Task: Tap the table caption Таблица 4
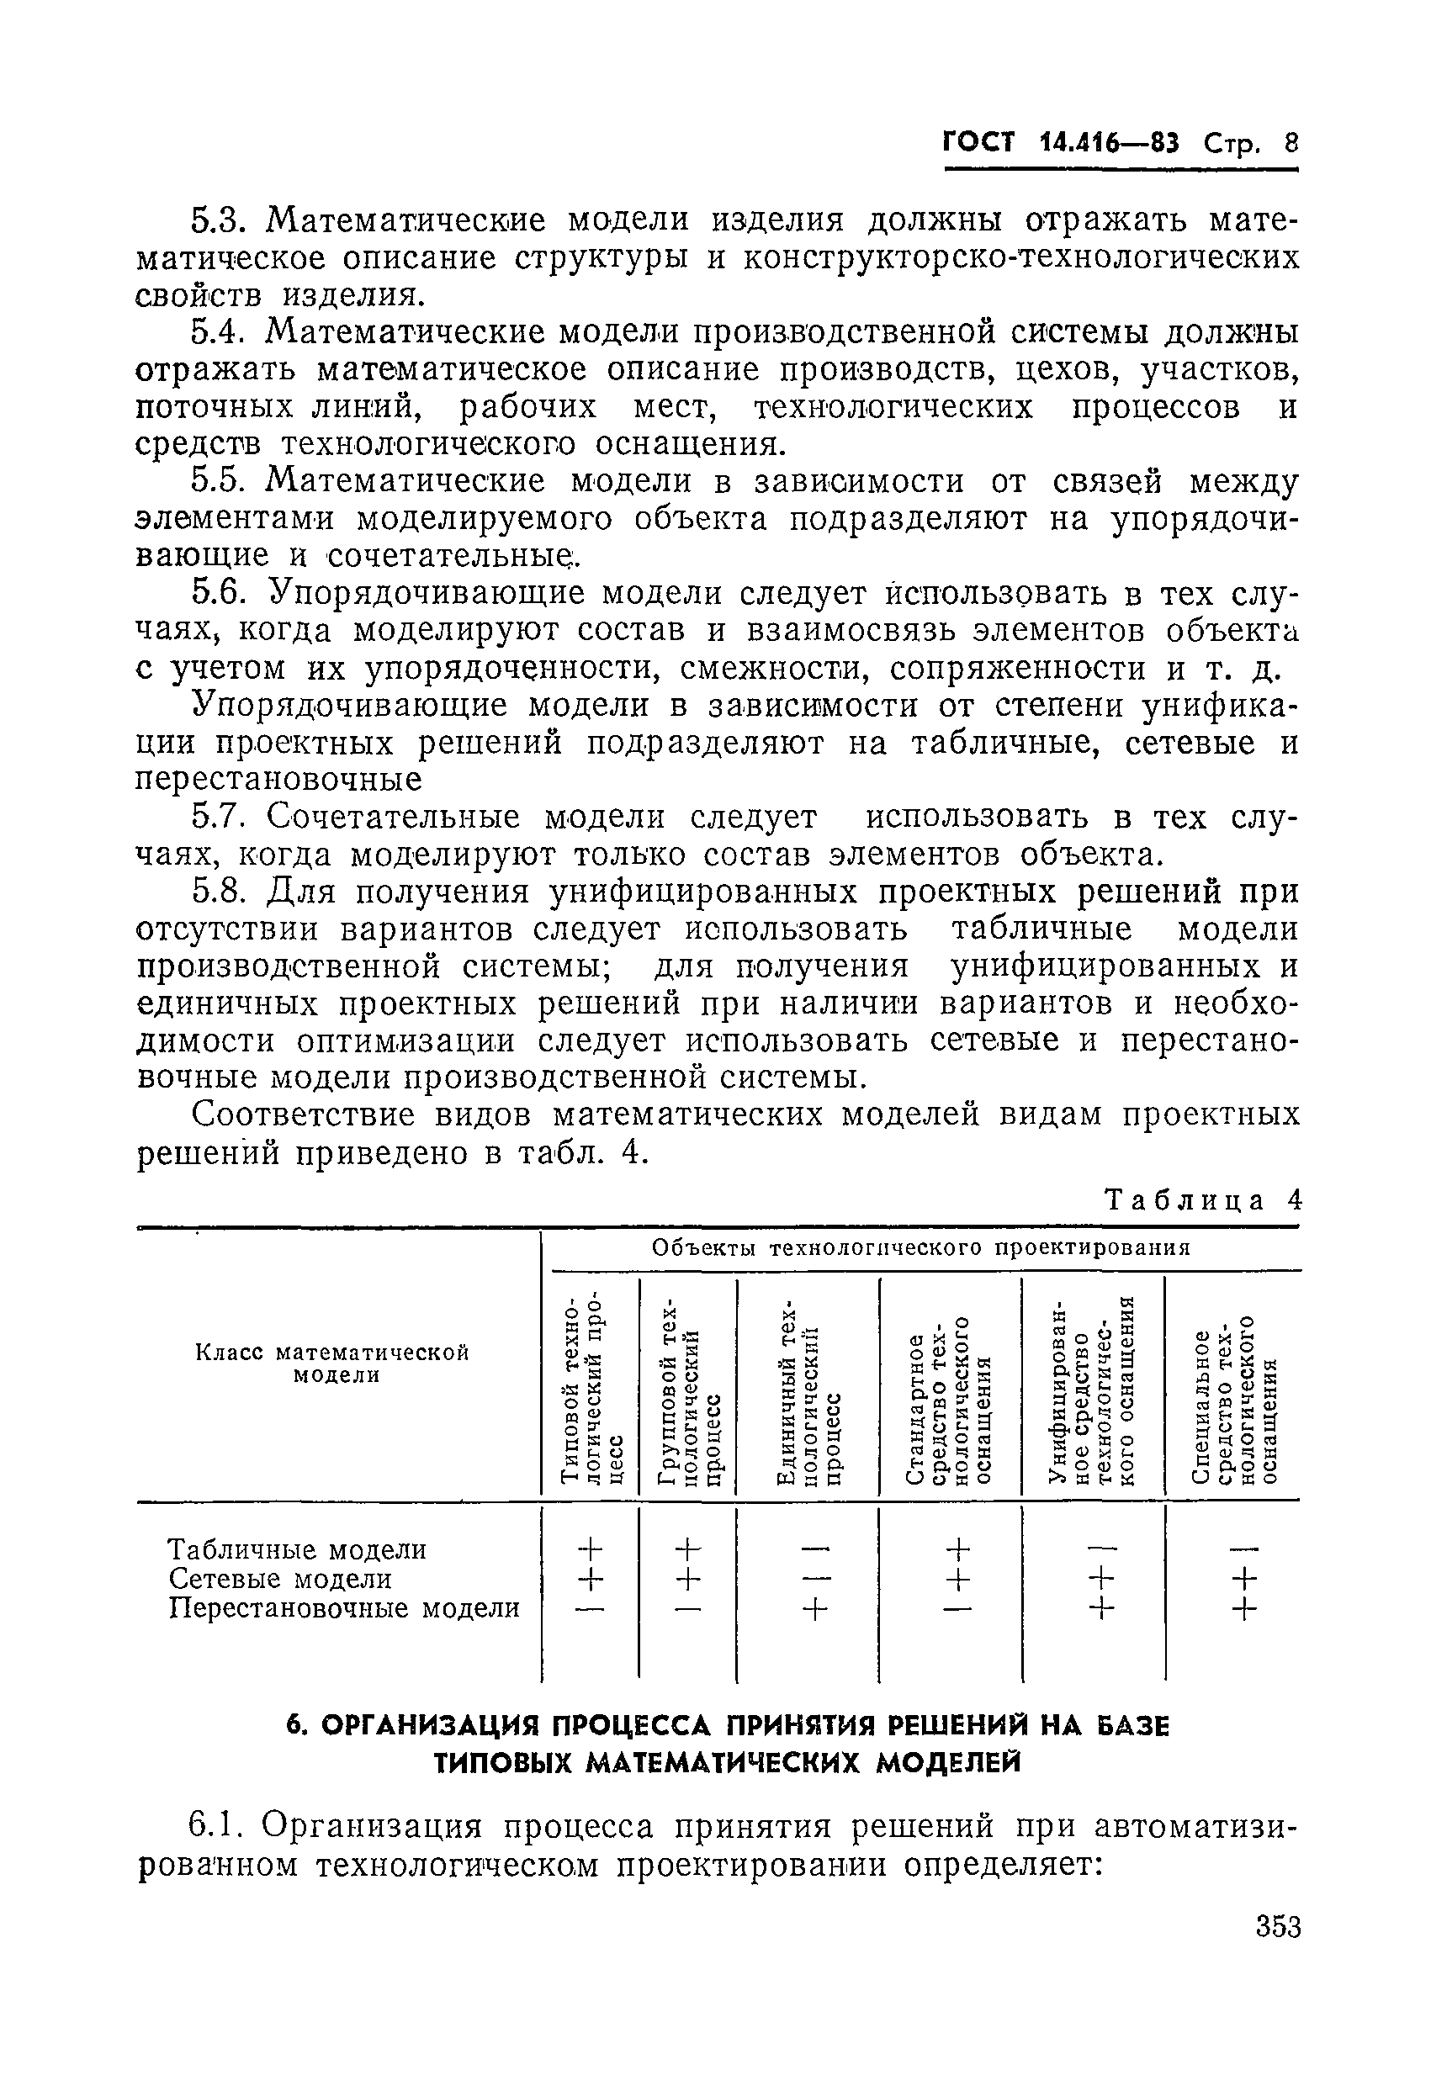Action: tap(1202, 1200)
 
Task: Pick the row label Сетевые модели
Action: tap(280, 1579)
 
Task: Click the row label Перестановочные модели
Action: tap(345, 1607)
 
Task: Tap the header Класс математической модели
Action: tap(333, 1363)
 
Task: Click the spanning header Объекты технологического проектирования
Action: tap(920, 1247)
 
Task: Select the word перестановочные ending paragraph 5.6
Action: tap(278, 780)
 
